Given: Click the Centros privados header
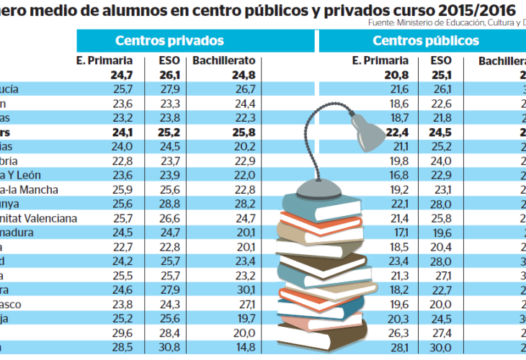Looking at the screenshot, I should point(169,41).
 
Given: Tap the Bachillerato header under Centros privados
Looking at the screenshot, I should point(220,61).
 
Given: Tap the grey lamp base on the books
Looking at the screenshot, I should point(317,189).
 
